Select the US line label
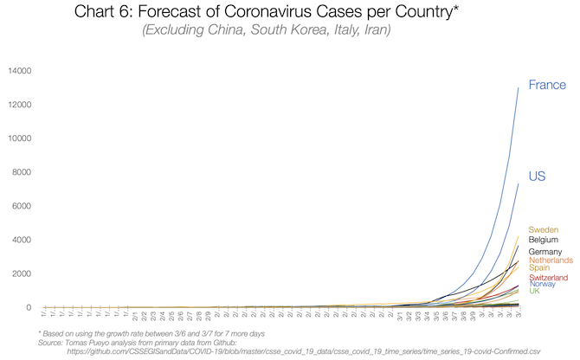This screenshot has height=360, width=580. click(536, 177)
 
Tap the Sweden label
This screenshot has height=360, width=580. click(542, 229)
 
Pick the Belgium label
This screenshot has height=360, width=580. click(543, 240)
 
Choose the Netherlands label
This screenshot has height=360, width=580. click(550, 260)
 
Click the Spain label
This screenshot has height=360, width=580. click(540, 269)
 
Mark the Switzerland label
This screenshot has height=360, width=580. click(548, 278)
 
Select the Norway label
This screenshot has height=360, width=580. click(543, 284)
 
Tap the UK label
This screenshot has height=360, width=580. click(534, 291)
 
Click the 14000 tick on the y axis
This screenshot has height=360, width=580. click(19, 71)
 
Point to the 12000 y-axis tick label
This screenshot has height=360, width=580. click(19, 105)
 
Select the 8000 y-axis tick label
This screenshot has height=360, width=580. click(22, 172)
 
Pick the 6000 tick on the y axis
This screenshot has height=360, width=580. click(22, 206)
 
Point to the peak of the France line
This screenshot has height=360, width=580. click(519, 87)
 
